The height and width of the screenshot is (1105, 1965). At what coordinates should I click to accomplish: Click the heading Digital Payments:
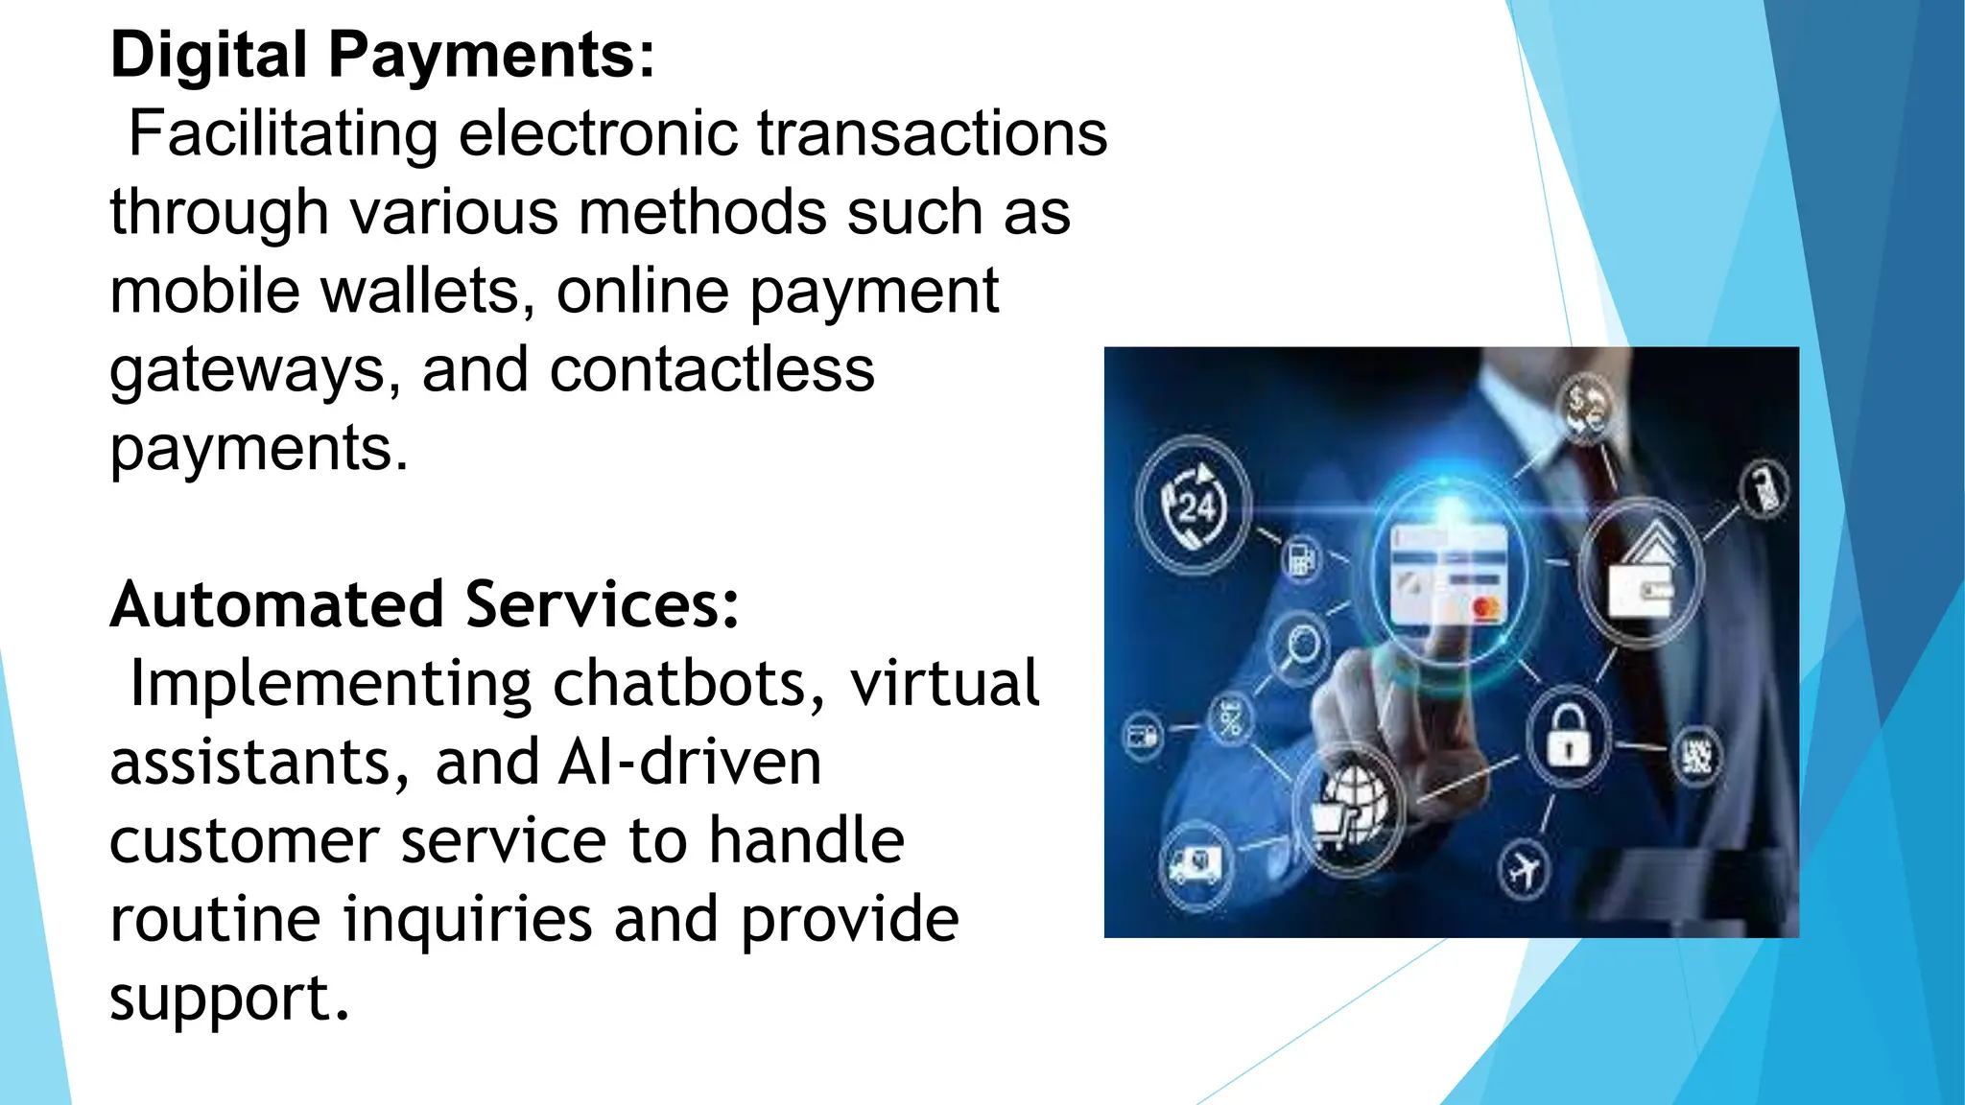tap(383, 55)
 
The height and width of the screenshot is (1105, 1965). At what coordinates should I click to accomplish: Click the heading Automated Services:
tap(424, 605)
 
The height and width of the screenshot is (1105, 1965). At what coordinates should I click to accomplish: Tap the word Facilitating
tap(283, 133)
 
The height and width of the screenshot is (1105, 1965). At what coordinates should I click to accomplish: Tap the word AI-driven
tap(690, 763)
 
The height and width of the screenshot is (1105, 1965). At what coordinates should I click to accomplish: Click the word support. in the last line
tap(229, 999)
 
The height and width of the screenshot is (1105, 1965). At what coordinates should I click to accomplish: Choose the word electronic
tap(598, 133)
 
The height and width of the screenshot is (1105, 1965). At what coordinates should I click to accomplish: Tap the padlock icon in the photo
tap(1567, 738)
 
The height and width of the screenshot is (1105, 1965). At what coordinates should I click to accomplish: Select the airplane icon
tap(1523, 870)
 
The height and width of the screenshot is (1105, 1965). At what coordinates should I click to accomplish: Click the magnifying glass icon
tap(1300, 644)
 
